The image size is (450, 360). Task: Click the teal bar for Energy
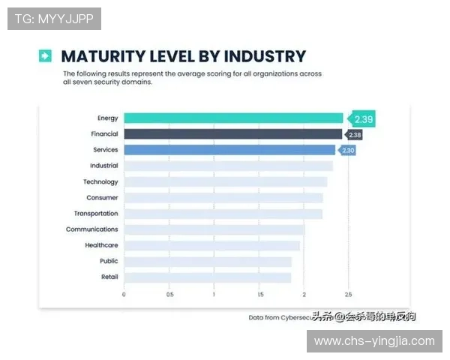point(233,118)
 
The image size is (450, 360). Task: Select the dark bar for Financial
point(233,134)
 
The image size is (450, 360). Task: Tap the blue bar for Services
point(229,150)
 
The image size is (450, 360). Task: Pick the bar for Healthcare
point(211,245)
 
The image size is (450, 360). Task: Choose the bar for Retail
point(207,277)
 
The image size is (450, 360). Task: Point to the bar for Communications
point(214,229)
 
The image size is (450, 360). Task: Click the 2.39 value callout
point(363,118)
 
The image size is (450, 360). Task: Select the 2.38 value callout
point(354,135)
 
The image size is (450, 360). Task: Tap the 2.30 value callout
point(347,151)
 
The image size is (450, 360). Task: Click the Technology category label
point(100,182)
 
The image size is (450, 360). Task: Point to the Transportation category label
point(96,214)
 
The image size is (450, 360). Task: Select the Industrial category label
point(103,166)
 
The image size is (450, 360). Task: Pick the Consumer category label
point(102,198)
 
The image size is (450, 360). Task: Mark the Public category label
point(109,261)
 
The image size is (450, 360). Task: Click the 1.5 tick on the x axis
point(259,295)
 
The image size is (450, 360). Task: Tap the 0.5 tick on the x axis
point(169,295)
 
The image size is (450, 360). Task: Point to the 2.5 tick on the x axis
point(348,295)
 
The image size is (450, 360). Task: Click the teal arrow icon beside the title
point(46,55)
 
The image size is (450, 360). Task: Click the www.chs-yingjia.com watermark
point(374,341)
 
